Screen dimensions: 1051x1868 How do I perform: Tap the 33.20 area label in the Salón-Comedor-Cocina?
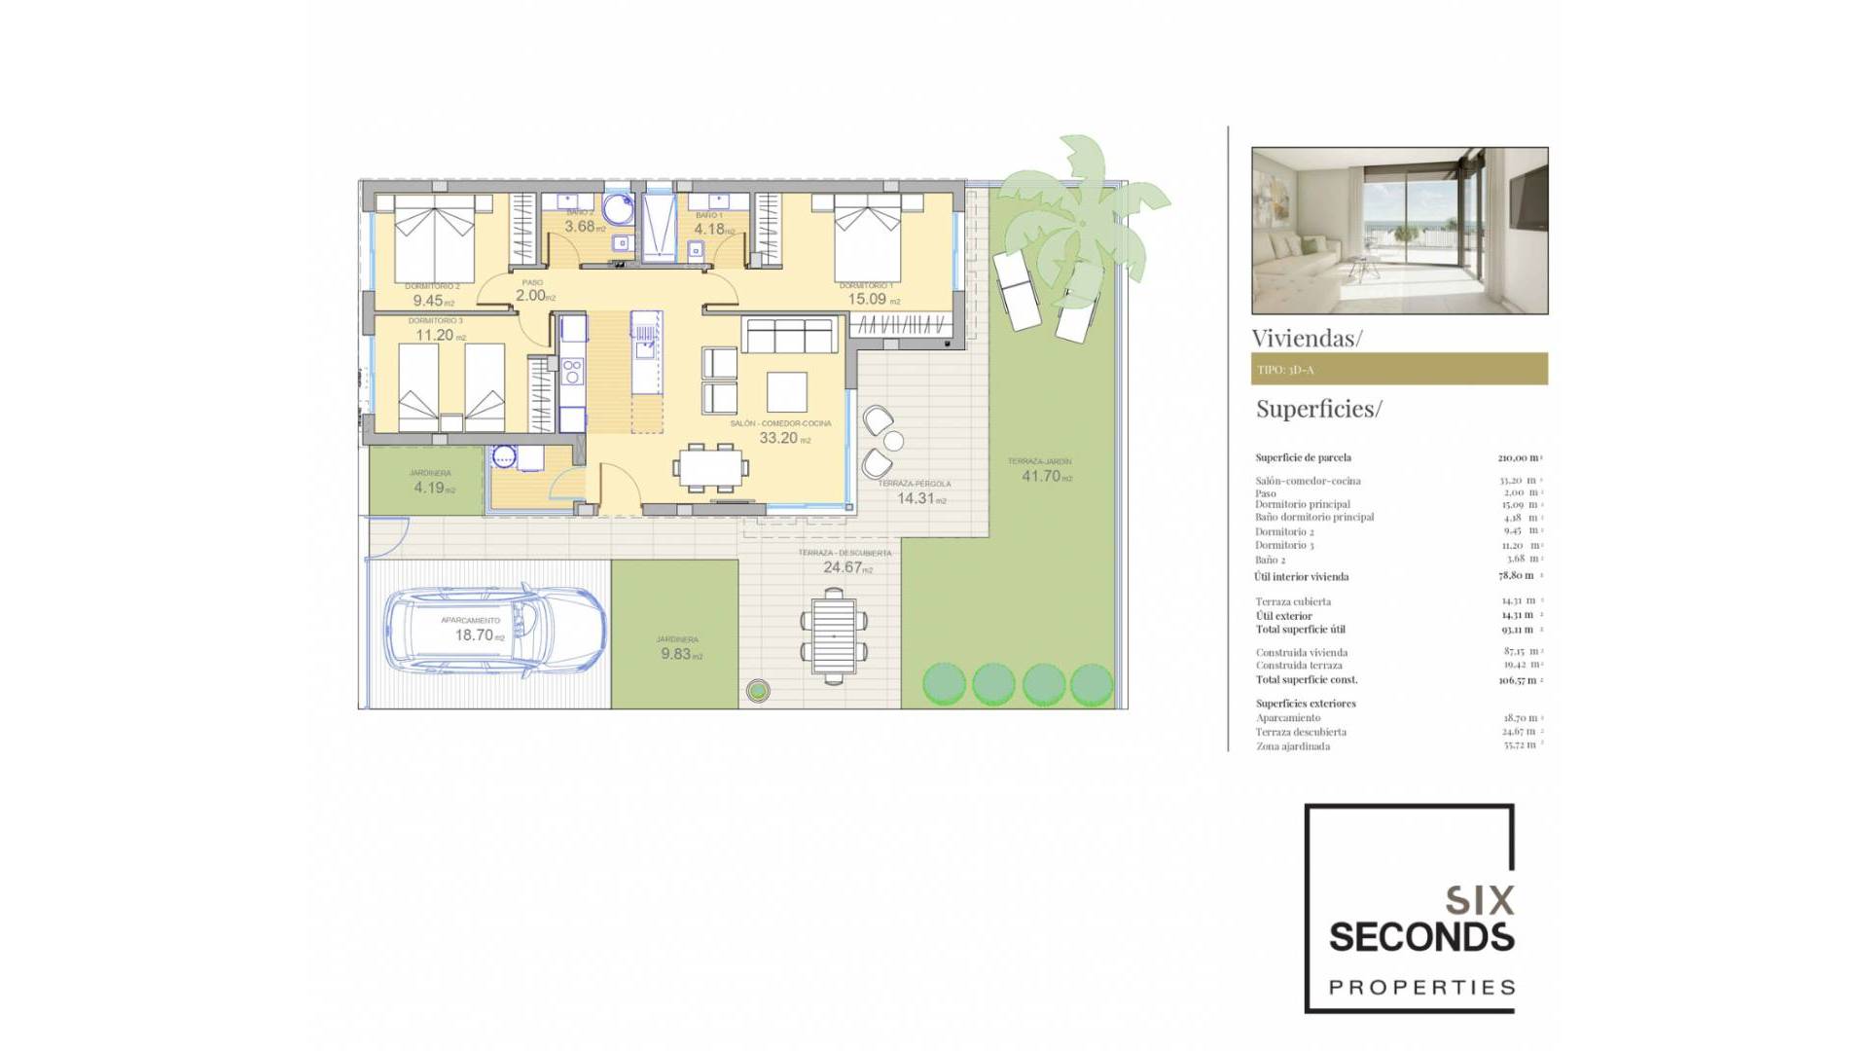pyautogui.click(x=779, y=438)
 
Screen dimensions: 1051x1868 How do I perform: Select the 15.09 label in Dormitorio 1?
pyautogui.click(x=868, y=299)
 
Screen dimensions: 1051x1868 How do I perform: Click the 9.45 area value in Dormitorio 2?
pyautogui.click(x=428, y=301)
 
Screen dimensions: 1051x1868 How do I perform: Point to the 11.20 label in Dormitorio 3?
pyautogui.click(x=435, y=335)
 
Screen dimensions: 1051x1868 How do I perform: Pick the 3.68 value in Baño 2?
pyautogui.click(x=580, y=226)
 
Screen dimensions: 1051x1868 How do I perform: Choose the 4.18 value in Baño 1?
pyautogui.click(x=709, y=229)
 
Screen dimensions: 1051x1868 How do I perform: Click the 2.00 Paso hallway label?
pyautogui.click(x=531, y=295)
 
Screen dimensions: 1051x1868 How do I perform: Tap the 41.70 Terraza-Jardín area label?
pyautogui.click(x=1041, y=476)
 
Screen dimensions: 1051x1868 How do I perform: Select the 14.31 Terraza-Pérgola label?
pyautogui.click(x=916, y=498)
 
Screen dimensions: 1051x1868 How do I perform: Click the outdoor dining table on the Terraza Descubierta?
pyautogui.click(x=834, y=640)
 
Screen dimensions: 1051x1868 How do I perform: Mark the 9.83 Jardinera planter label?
pyautogui.click(x=676, y=654)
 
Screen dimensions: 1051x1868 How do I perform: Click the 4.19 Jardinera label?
pyautogui.click(x=429, y=488)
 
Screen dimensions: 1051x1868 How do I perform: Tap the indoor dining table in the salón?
pyautogui.click(x=710, y=468)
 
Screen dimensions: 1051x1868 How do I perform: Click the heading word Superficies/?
pyautogui.click(x=1318, y=409)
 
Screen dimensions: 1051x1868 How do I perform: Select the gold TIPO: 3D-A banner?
pyautogui.click(x=1398, y=369)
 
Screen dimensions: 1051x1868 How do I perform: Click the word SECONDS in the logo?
pyautogui.click(x=1420, y=937)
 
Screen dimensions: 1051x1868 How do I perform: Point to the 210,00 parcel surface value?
pyautogui.click(x=1518, y=457)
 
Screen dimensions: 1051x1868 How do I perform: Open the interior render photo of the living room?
pyautogui.click(x=1399, y=231)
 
